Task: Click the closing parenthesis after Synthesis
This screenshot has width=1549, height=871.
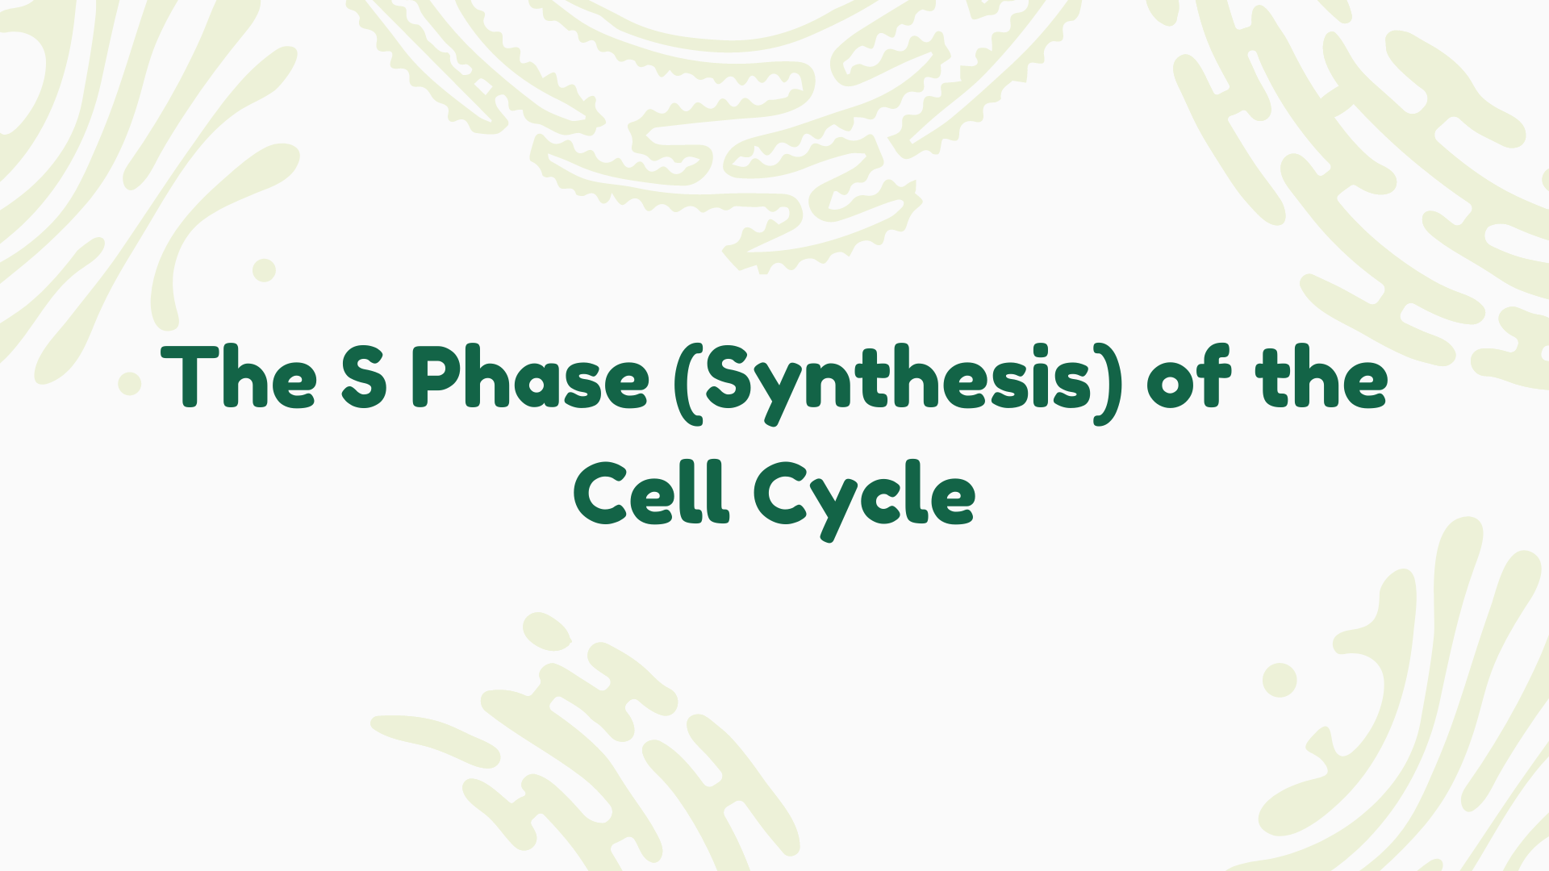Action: [x=1109, y=384]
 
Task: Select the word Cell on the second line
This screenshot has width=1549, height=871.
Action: [x=652, y=494]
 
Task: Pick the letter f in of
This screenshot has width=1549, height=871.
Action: [x=1215, y=376]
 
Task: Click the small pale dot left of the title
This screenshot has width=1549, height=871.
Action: [x=129, y=384]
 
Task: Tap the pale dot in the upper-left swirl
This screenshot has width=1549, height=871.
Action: [x=264, y=270]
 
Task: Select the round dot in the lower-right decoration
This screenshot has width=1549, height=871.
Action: [x=1280, y=680]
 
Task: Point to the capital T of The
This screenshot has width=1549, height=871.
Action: [x=190, y=376]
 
